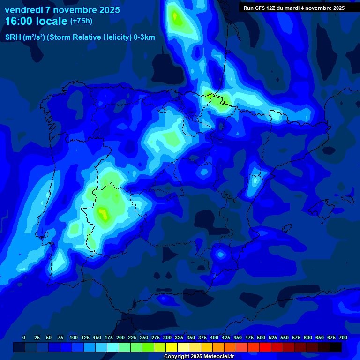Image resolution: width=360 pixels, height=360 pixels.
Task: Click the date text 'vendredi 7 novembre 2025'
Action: pyautogui.click(x=62, y=10)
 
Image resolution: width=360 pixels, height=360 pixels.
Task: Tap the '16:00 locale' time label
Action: pyautogui.click(x=36, y=21)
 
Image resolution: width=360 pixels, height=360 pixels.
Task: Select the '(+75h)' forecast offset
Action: pyautogui.click(x=81, y=21)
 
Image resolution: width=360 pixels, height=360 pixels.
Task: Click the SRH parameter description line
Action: pyautogui.click(x=80, y=37)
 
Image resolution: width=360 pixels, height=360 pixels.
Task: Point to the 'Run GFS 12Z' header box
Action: pyautogui.click(x=294, y=8)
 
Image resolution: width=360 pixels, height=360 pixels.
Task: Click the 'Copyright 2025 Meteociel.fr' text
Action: pyautogui.click(x=199, y=356)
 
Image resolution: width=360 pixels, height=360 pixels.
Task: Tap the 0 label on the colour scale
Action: pyautogui.click(x=24, y=337)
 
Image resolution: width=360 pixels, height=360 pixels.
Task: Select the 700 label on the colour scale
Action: pyautogui.click(x=343, y=337)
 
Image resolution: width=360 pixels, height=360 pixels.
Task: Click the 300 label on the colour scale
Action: pyautogui.click(x=167, y=337)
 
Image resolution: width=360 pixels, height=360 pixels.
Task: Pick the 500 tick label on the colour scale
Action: pyautogui.click(x=261, y=337)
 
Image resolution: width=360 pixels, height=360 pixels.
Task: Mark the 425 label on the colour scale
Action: pyautogui.click(x=226, y=337)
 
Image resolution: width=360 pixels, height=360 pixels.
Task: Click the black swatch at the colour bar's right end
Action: pyautogui.click(x=336, y=347)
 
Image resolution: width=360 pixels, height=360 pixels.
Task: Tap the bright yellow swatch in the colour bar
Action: pyautogui.click(x=172, y=347)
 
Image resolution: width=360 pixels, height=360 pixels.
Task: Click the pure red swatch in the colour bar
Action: pyautogui.click(x=265, y=347)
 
